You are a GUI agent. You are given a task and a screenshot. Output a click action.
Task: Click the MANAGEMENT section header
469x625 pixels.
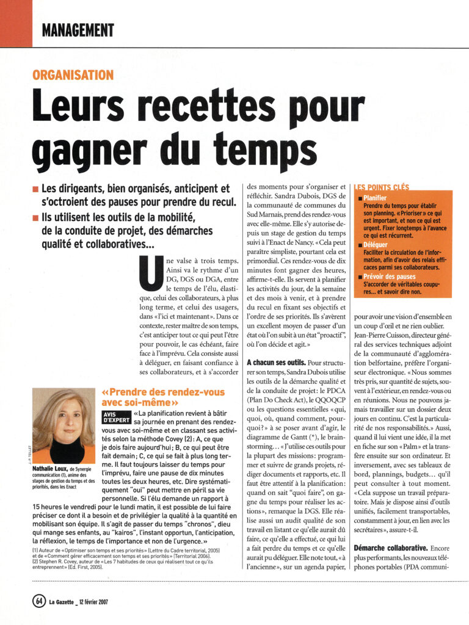click(x=78, y=29)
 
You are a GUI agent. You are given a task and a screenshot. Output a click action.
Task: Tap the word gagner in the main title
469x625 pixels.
click(x=90, y=150)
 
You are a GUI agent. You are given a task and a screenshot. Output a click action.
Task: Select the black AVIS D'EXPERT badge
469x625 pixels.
click(x=116, y=417)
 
